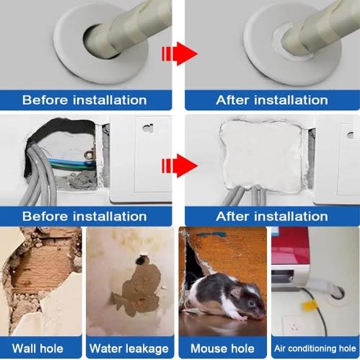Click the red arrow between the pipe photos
coord(180,53)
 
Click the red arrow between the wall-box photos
coord(180,166)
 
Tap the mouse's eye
coord(252,304)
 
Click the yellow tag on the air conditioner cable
coord(309,306)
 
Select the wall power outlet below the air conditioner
coord(294,326)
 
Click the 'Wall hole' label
coord(38,348)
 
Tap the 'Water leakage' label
coord(129,348)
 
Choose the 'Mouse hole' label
coord(222,348)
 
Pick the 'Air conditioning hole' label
coord(315,348)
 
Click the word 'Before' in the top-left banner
coord(45,100)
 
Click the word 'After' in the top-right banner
coord(232,100)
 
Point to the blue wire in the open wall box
coord(72,162)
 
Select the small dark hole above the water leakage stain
coord(140,260)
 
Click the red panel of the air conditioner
coord(290,245)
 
